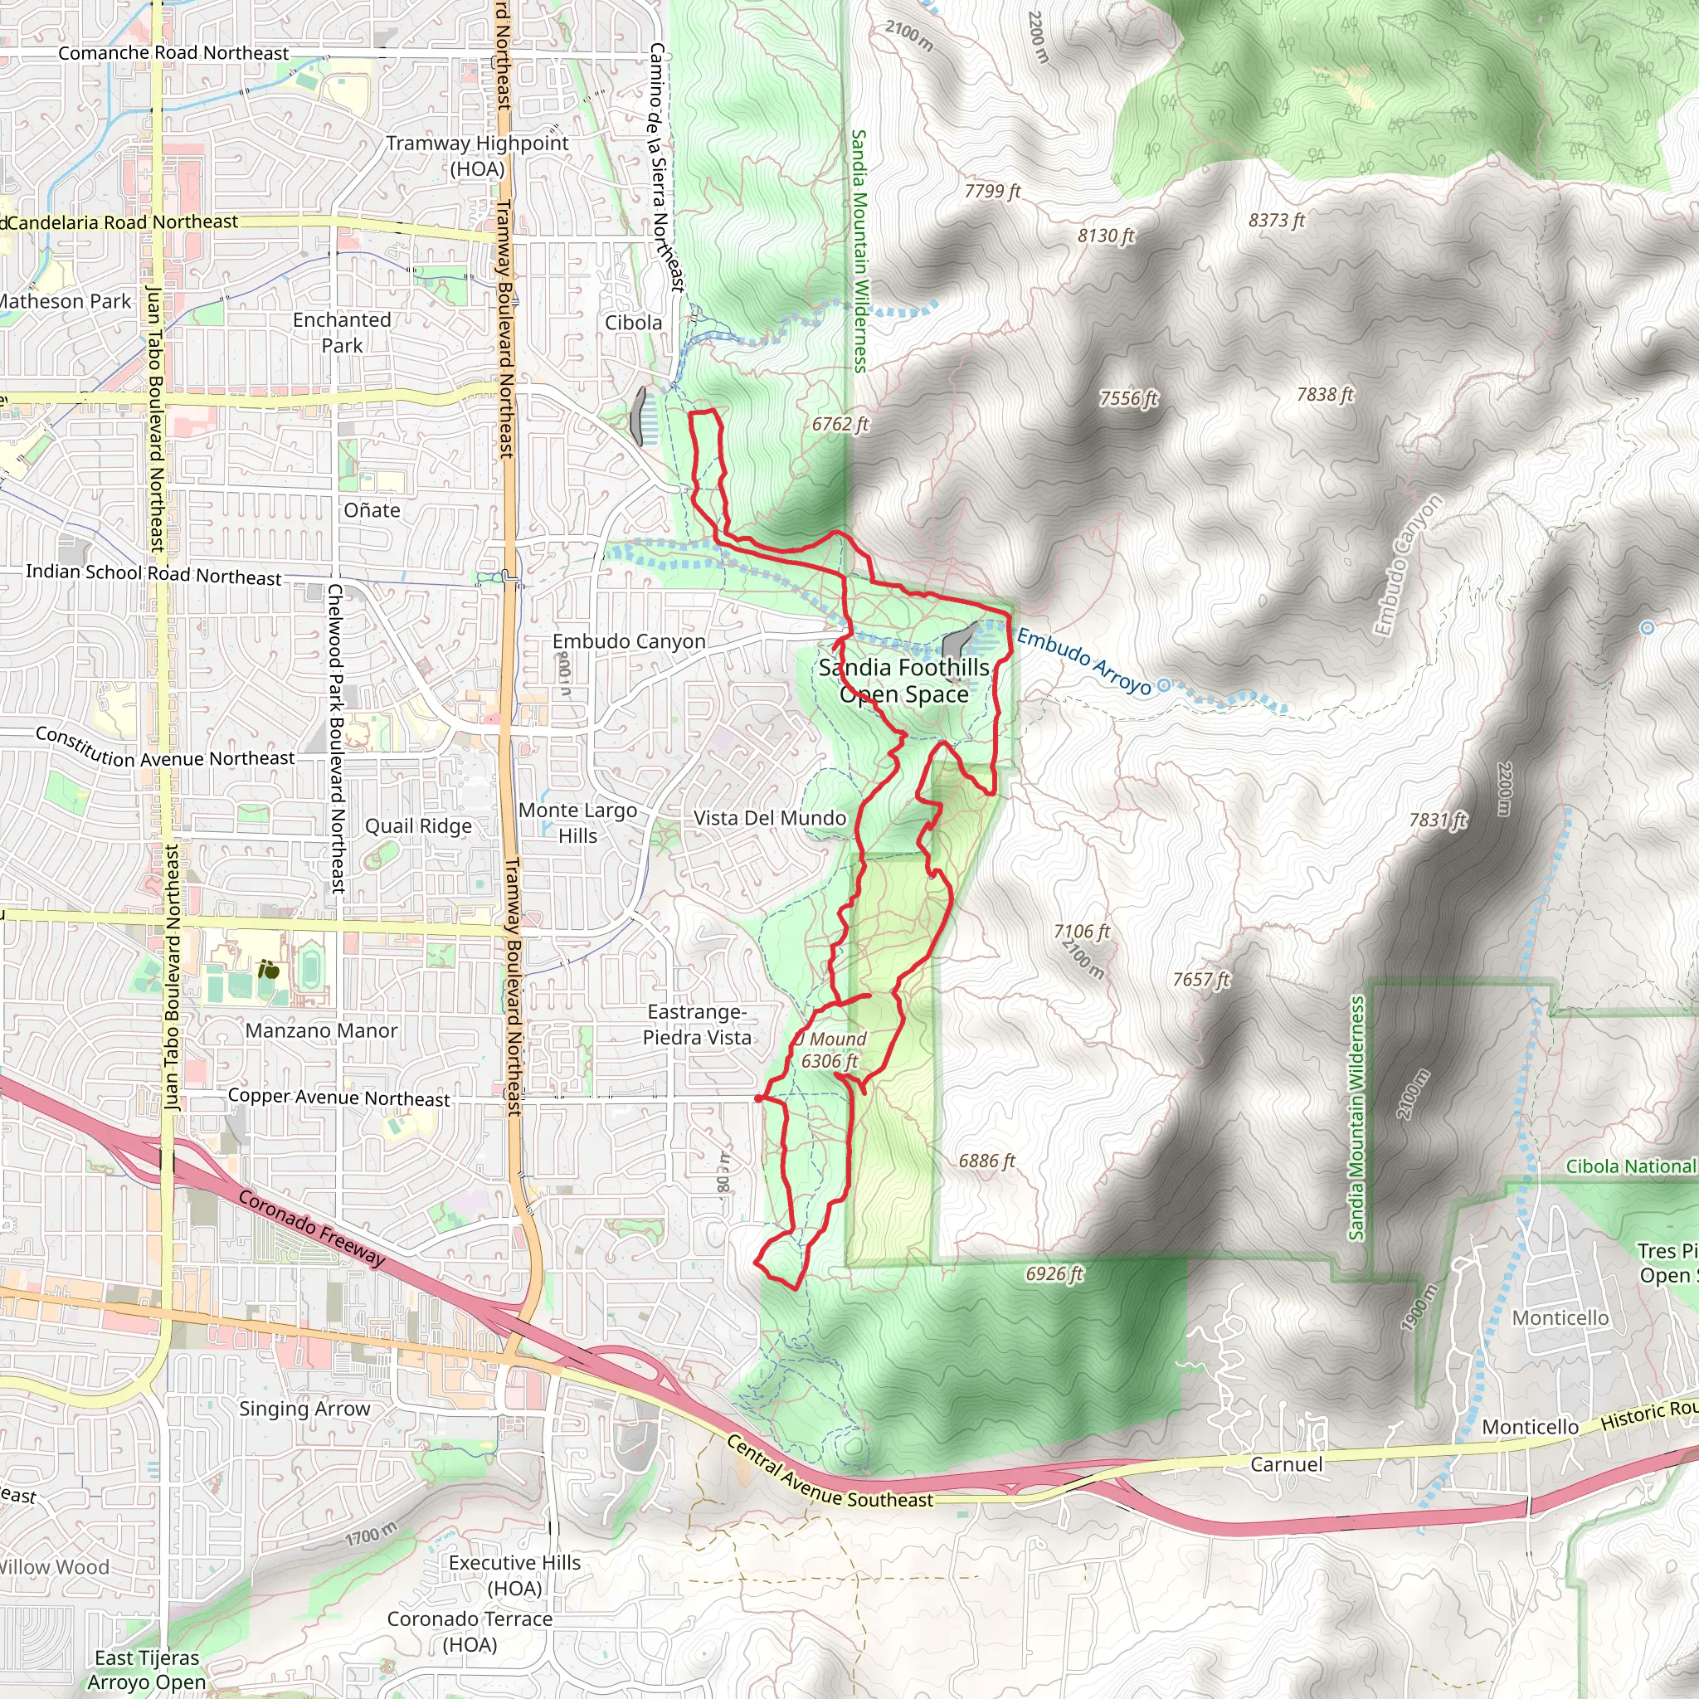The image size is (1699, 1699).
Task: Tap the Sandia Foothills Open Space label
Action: click(x=904, y=680)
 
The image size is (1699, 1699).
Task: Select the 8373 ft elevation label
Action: click(x=1276, y=220)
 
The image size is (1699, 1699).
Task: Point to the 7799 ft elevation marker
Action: click(x=992, y=191)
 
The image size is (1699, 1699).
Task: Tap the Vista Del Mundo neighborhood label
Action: click(x=770, y=818)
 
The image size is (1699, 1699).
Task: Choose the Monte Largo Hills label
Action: click(x=577, y=822)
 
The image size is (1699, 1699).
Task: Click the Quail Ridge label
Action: click(x=419, y=825)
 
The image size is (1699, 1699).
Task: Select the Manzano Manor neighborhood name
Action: click(x=321, y=1030)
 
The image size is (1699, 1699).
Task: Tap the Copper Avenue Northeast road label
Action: click(x=338, y=1098)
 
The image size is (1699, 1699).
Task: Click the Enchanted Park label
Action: click(x=342, y=333)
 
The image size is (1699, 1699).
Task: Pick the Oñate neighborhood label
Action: click(x=372, y=510)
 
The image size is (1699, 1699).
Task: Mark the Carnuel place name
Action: click(x=1286, y=1464)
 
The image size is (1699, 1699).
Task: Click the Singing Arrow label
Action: click(x=304, y=1409)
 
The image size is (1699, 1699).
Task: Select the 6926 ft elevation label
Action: click(x=1054, y=1273)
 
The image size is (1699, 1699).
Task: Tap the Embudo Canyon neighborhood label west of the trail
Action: click(x=629, y=641)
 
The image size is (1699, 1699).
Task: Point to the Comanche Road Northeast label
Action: click(x=173, y=53)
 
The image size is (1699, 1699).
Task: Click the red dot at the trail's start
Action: click(x=758, y=1098)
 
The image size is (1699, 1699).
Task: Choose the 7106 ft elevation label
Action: click(x=1081, y=932)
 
